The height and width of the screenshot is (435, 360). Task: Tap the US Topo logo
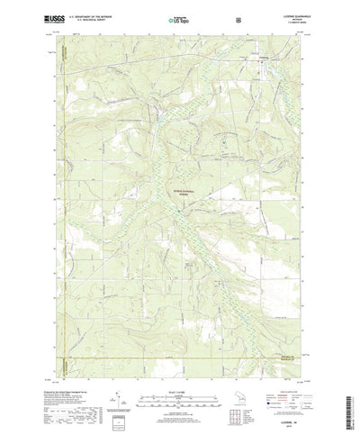[x=176, y=17]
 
